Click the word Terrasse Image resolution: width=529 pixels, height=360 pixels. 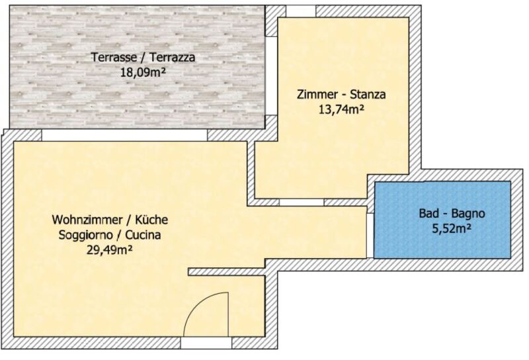(114, 57)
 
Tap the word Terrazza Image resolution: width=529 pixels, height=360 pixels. (173, 57)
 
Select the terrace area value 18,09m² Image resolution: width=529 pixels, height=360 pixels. (143, 72)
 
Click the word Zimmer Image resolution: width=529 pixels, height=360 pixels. (317, 94)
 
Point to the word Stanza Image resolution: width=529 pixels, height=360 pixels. (368, 94)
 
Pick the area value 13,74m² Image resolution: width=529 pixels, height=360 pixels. (341, 109)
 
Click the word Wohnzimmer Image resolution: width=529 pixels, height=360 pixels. (87, 220)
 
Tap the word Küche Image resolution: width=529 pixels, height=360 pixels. (151, 220)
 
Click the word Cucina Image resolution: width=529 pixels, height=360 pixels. (143, 235)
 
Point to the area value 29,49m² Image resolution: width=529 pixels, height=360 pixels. (109, 250)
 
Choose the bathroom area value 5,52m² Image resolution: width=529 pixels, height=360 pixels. (452, 228)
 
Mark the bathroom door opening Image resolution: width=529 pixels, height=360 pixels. (370, 236)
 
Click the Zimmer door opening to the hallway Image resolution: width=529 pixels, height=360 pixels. (302, 202)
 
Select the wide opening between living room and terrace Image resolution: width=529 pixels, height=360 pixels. (124, 135)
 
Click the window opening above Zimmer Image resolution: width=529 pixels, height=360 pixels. (301, 11)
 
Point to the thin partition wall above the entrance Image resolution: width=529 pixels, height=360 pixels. (227, 271)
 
